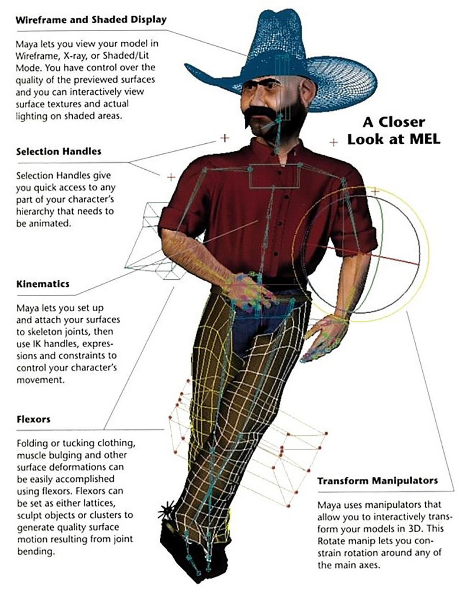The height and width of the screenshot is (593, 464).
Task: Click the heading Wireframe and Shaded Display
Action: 91,20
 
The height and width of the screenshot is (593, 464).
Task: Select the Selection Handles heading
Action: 59,151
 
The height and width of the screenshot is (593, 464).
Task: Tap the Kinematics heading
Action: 43,284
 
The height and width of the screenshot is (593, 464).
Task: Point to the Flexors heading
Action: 34,419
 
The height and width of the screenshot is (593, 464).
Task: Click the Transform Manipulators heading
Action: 377,481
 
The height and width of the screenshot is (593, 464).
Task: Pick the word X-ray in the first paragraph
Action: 72,56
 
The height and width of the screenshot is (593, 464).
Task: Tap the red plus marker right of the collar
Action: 333,143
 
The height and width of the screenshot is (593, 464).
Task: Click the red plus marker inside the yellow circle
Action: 375,191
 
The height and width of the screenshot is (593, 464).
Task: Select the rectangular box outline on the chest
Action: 275,176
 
